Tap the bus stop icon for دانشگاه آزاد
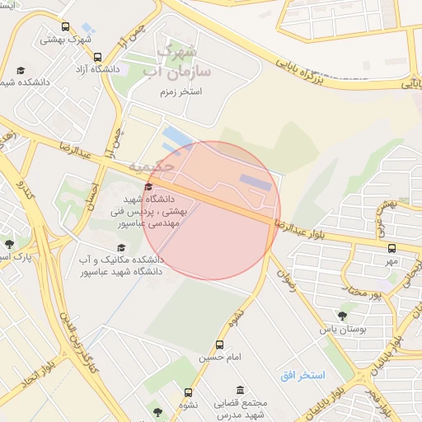tap(98, 59)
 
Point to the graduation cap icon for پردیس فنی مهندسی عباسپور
tap(148, 187)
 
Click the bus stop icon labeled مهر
tap(391, 248)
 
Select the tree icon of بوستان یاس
tap(342, 315)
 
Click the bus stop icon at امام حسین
tap(219, 345)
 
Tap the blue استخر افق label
tap(302, 376)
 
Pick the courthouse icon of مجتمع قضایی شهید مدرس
tap(240, 390)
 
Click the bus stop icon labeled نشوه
tap(189, 393)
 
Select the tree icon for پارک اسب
tap(9, 244)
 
